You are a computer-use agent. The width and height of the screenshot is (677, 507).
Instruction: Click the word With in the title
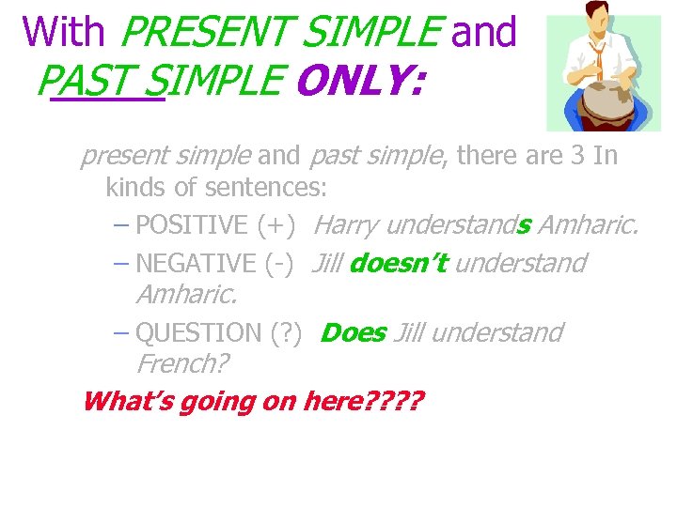click(x=64, y=33)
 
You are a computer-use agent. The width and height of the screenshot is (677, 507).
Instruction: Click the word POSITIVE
click(x=191, y=225)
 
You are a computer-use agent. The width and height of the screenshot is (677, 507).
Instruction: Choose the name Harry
click(x=344, y=225)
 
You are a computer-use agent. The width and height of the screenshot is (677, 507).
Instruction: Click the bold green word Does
click(x=354, y=332)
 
